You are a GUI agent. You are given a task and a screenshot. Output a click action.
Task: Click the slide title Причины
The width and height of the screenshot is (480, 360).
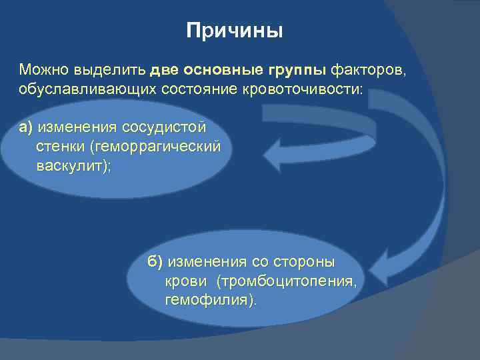[x=235, y=31]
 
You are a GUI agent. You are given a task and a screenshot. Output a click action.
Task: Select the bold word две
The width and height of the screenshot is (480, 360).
[x=164, y=69]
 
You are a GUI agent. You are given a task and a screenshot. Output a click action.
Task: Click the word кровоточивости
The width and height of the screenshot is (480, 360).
[x=307, y=89]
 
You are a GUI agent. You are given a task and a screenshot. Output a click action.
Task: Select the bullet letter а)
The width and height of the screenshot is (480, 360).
[x=27, y=127]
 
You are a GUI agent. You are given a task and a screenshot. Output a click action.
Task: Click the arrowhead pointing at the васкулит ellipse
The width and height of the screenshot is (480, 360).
[x=274, y=153]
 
